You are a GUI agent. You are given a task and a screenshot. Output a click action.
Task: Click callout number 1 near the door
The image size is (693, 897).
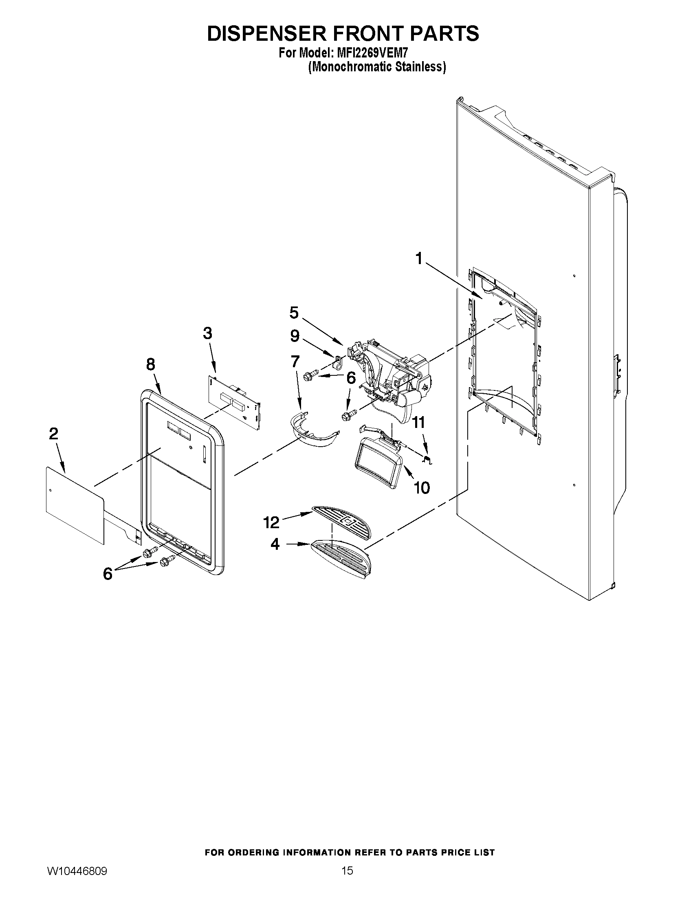pos(418,259)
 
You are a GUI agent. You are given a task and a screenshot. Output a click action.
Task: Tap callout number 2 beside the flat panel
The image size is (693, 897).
pos(54,434)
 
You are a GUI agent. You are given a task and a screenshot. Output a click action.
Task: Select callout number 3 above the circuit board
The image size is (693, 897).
pos(207,333)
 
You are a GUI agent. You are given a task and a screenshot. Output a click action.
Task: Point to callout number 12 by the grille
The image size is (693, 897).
pos(271,522)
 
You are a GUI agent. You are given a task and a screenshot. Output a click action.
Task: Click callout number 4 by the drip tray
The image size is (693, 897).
pos(275,544)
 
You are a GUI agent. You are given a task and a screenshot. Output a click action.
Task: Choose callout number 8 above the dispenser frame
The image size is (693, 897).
pos(151,364)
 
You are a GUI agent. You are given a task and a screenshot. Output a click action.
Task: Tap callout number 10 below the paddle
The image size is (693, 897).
pos(422,487)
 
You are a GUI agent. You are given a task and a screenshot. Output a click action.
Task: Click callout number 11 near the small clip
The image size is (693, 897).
pos(418,422)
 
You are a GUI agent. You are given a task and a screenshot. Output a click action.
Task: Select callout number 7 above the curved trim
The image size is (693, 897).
pos(295,361)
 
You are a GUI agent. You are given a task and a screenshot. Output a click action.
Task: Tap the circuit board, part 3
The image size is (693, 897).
pos(234,401)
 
